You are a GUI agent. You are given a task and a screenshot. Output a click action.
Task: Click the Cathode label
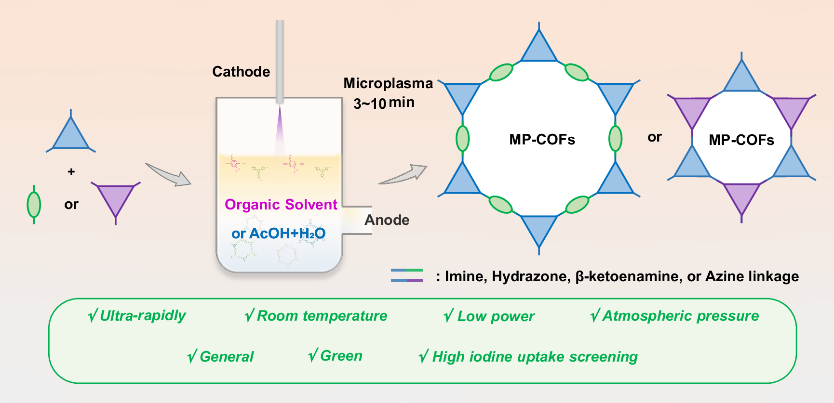241,72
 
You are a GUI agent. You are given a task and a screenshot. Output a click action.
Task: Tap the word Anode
387,220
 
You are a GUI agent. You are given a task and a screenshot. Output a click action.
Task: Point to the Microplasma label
388,83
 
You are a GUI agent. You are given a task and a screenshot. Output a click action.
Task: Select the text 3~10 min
384,103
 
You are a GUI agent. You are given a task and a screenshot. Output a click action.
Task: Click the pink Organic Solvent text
281,205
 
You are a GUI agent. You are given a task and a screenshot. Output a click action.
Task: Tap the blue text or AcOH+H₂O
278,234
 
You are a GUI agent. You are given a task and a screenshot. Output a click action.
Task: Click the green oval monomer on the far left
34,205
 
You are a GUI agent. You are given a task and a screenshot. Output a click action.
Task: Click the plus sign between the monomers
71,171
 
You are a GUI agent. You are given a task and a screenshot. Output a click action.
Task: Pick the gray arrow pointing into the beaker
168,175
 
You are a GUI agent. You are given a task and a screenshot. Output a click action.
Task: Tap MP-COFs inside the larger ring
542,140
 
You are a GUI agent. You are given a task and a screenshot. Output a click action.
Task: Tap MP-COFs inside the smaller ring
741,140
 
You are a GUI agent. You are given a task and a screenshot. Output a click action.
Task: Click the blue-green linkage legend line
406,270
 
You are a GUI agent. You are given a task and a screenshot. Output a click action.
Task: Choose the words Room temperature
322,316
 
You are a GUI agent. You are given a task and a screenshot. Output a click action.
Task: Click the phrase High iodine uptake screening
535,357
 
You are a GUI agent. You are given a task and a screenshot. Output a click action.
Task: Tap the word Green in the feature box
341,356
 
